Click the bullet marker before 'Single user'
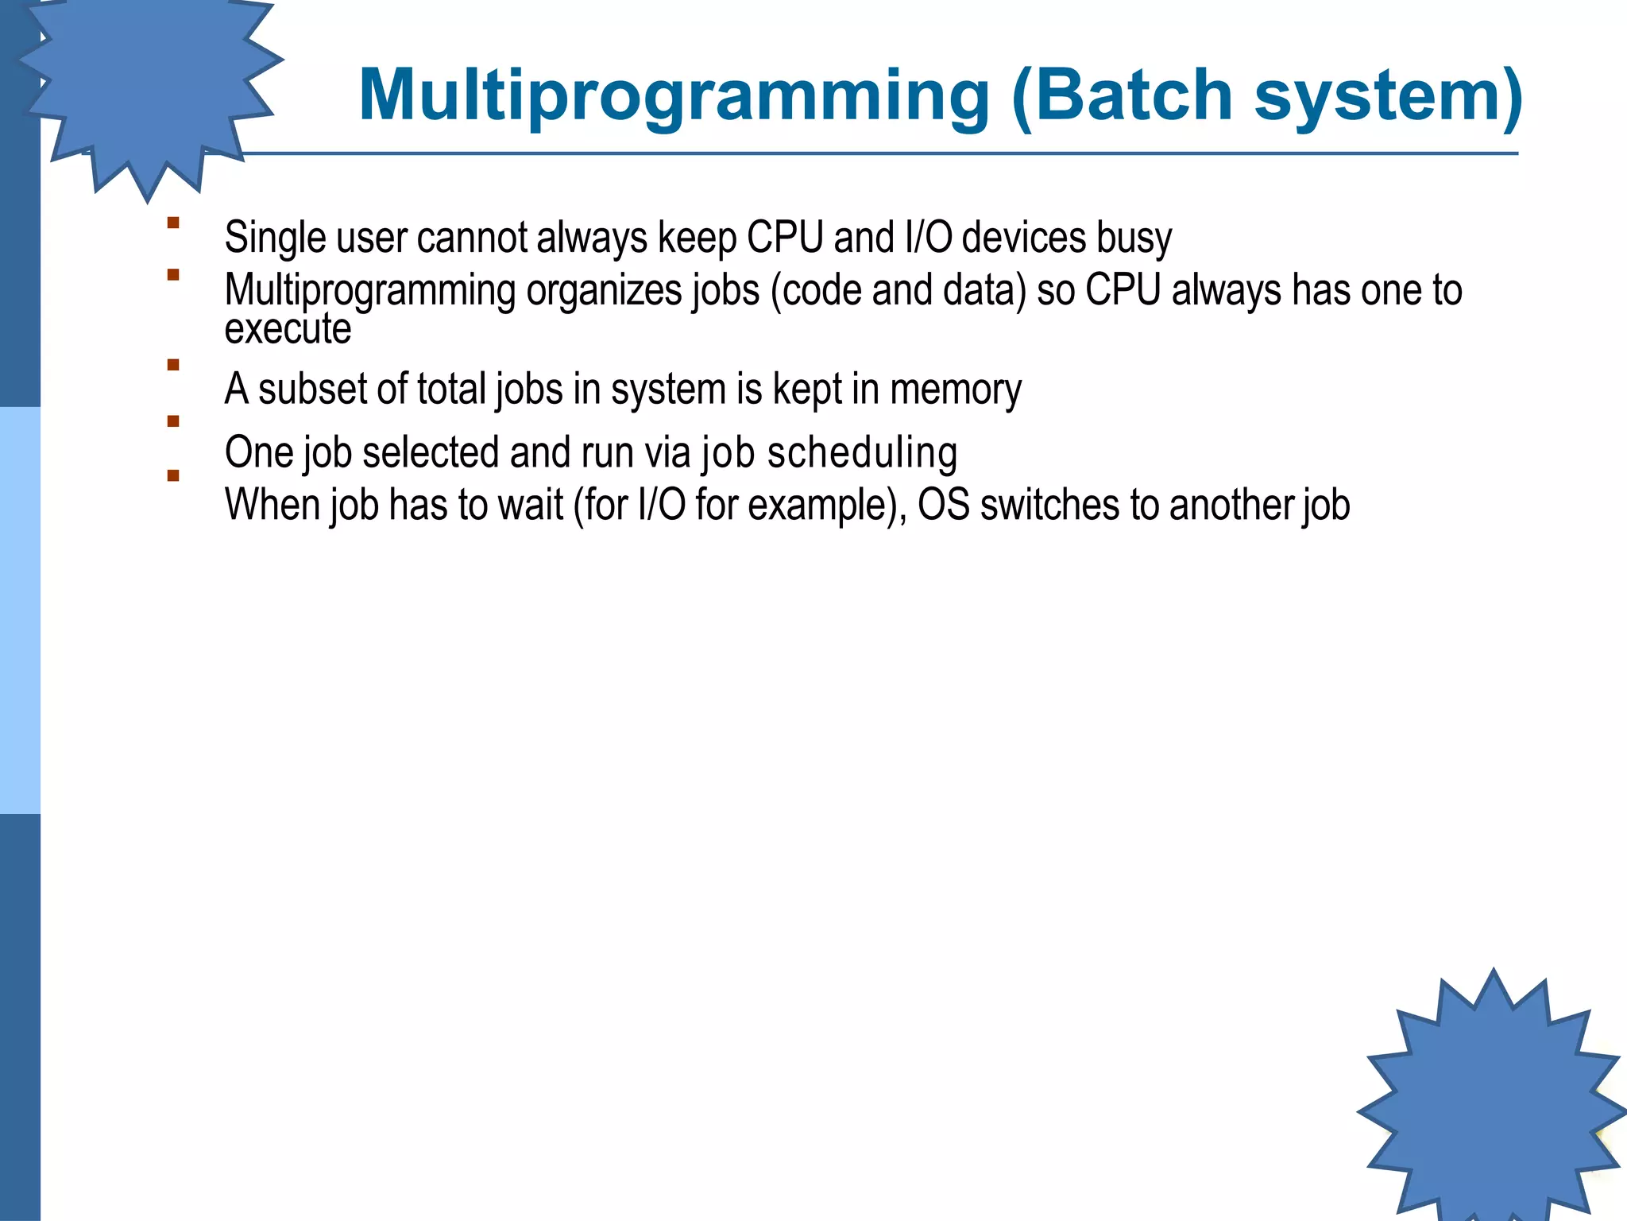[x=172, y=223]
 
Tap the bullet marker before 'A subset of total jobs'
[x=172, y=366]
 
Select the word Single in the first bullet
[x=275, y=238]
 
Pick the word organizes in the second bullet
[x=603, y=290]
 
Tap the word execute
[x=288, y=328]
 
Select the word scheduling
[x=861, y=452]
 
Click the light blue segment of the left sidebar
[x=20, y=610]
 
